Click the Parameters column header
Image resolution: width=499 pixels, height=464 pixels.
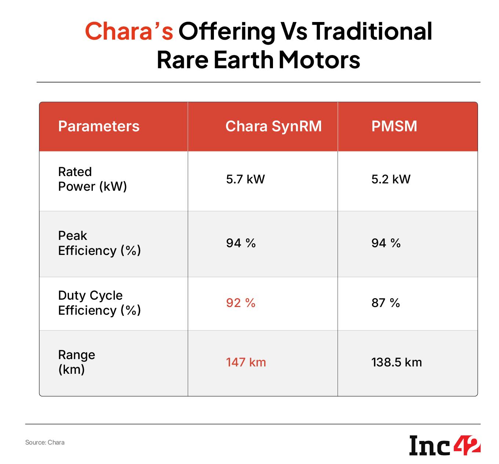(99, 126)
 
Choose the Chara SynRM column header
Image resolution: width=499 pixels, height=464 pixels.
(273, 126)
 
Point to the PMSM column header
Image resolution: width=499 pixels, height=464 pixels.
(394, 126)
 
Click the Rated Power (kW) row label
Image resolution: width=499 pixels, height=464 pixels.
(92, 179)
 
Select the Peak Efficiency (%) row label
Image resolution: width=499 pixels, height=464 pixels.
(99, 243)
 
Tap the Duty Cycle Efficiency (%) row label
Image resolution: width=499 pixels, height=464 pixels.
(99, 303)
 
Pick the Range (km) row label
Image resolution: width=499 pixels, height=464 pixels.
(77, 362)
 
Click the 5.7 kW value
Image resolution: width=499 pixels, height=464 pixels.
(245, 179)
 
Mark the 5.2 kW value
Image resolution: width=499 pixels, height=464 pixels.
(391, 179)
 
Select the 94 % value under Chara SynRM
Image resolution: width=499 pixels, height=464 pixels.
(241, 243)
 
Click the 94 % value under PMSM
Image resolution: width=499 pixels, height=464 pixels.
(386, 243)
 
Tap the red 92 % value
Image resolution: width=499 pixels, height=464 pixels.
(240, 303)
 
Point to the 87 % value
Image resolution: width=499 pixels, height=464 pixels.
(386, 303)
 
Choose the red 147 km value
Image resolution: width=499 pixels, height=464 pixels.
(246, 362)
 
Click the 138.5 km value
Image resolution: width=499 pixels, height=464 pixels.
(397, 362)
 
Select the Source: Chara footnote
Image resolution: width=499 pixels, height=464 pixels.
(45, 442)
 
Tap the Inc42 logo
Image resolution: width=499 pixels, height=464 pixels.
(445, 445)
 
